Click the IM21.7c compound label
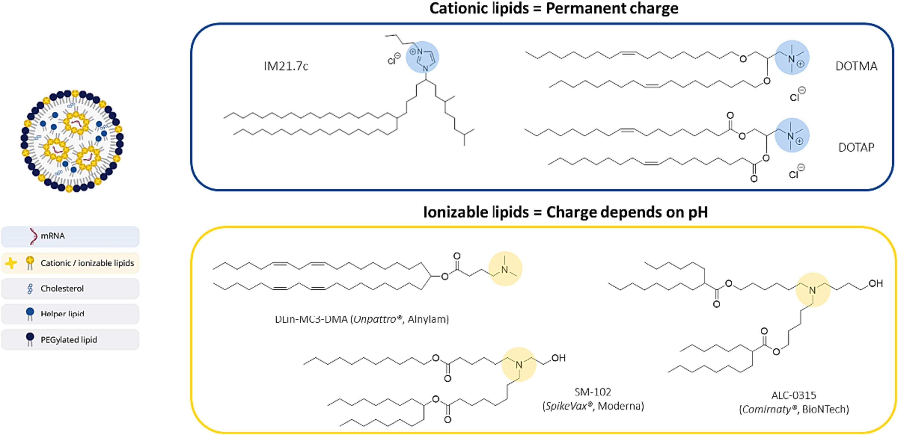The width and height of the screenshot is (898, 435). pos(286,66)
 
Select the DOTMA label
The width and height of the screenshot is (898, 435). pos(856,66)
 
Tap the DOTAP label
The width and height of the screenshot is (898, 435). pos(856,147)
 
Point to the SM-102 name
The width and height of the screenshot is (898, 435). pos(593,392)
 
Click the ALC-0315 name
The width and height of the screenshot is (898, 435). pos(794,395)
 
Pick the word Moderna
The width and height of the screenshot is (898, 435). pos(620,406)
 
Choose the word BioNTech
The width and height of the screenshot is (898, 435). pos(825,409)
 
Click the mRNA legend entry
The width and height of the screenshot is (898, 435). pos(53,236)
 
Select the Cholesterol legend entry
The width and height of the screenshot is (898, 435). pos(62,288)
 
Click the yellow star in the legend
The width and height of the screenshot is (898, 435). pos(11,263)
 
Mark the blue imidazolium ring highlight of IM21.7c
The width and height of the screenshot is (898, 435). pos(423,57)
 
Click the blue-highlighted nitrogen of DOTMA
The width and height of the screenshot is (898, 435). pos(791,58)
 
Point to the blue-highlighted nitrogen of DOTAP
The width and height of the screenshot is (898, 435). pos(791,136)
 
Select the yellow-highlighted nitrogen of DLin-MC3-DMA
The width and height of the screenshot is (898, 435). pos(505,269)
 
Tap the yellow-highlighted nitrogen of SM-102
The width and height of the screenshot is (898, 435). pos(519,365)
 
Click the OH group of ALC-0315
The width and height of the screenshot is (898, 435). pos(875,284)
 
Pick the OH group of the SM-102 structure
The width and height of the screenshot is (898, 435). pos(558,358)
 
